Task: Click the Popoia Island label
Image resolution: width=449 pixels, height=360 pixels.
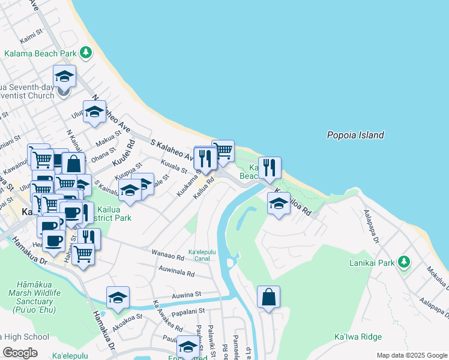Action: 355,135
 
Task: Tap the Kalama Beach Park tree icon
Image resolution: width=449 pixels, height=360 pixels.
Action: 86,53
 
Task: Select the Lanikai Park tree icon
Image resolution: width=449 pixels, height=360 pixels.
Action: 404,262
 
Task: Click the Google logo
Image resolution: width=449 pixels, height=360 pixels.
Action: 20,352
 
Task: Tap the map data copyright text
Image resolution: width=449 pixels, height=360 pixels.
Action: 412,355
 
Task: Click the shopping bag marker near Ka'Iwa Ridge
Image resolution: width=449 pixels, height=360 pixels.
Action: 268,296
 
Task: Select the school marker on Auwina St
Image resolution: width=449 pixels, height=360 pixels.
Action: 118,298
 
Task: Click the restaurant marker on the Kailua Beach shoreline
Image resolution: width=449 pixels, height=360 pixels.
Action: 270,168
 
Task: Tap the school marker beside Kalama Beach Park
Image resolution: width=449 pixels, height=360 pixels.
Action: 64,76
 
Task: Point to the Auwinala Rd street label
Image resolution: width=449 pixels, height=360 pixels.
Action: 176,274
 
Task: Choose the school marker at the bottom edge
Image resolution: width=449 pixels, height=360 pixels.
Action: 188,347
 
